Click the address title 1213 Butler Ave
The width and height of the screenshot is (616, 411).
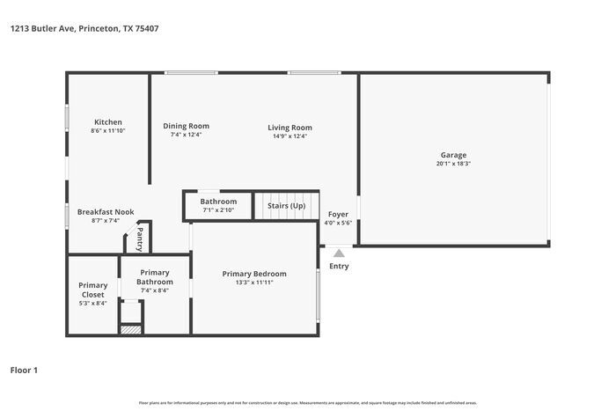coord(84,28)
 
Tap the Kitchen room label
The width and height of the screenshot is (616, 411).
coord(108,122)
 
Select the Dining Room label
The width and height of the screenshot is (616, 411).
coord(186,126)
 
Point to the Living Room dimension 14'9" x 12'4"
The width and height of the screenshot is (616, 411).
coord(290,136)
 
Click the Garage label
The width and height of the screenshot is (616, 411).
coord(453,155)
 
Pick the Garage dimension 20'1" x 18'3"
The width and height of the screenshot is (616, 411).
coord(453,164)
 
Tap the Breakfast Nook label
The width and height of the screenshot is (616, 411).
coord(105,212)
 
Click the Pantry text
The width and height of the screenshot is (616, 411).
coord(139,238)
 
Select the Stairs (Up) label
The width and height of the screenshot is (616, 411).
coord(286,205)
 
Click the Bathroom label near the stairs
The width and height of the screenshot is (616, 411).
coord(218,202)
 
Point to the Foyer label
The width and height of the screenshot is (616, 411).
coord(338,214)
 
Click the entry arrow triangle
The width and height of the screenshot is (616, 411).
coord(339,253)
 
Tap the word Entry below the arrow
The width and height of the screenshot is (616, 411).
coord(339,266)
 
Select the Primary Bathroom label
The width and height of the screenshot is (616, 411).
coord(155,277)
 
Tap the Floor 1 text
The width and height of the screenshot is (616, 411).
coord(24,371)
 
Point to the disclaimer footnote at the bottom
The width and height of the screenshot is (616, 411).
coord(307,402)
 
